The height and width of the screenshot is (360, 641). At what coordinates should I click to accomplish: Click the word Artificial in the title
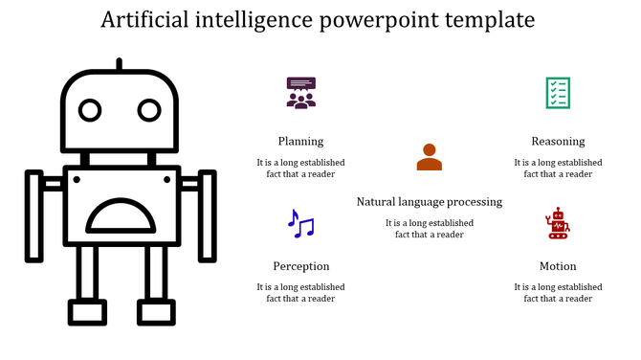(x=146, y=20)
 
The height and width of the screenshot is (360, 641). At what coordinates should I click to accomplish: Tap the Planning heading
(x=300, y=141)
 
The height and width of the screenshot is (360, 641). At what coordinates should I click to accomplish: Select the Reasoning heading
(x=558, y=141)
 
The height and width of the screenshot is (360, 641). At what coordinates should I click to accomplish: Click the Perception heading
(x=300, y=266)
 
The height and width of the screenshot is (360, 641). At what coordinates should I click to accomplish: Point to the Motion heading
(x=558, y=266)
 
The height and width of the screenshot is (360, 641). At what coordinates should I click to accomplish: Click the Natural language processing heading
(x=429, y=202)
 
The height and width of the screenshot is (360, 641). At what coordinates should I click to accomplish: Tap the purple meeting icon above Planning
(x=300, y=93)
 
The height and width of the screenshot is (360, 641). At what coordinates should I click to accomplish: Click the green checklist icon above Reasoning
(x=558, y=93)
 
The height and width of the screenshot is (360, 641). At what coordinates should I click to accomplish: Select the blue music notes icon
(x=300, y=224)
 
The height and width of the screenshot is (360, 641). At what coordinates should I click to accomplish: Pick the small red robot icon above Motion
(x=557, y=223)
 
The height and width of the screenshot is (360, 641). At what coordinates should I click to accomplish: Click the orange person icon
(x=429, y=157)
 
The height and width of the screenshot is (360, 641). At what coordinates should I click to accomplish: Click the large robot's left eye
(x=90, y=111)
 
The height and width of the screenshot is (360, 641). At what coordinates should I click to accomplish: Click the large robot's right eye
(x=149, y=111)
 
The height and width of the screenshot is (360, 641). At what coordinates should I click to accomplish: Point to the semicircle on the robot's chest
(x=121, y=217)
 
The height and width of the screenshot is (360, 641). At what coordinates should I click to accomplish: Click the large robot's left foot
(x=87, y=312)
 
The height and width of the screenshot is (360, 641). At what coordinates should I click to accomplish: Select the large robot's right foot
(x=156, y=312)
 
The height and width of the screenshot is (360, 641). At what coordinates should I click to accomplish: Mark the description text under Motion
(x=558, y=292)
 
